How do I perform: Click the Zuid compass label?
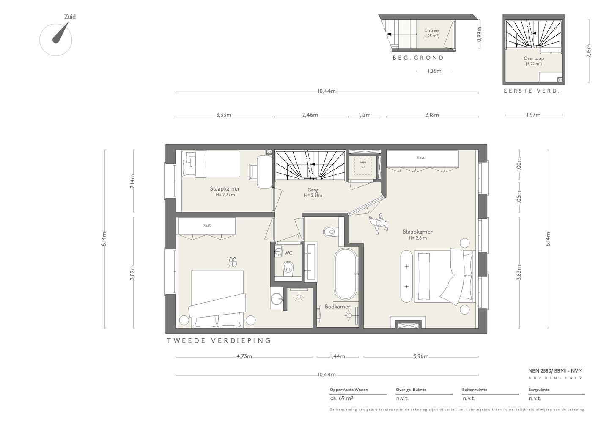coord(70,17)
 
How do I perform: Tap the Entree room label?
coord(431,31)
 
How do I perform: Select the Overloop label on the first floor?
coord(534,58)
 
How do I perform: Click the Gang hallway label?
coord(313,190)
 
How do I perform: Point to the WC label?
coord(288,253)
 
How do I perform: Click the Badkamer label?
coord(337,307)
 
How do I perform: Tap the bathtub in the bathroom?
coord(345,274)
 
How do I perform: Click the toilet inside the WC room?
coord(288,269)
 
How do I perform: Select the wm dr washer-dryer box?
coord(363,165)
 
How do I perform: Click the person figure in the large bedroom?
coord(379,224)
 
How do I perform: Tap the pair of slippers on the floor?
coord(233,262)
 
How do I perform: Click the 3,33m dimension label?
coord(224,115)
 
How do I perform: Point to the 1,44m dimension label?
coord(337,356)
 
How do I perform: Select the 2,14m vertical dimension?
coord(132,181)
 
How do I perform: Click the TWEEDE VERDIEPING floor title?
coord(219,341)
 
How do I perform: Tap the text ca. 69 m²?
coord(341,398)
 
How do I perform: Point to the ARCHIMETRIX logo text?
coord(555,378)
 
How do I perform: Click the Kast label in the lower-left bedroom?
coord(207,225)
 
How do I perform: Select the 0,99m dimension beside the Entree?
coord(479,34)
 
